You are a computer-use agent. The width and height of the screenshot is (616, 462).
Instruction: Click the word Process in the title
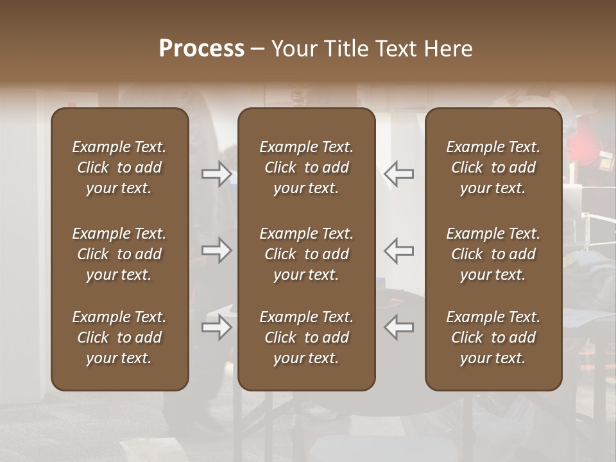[201, 49]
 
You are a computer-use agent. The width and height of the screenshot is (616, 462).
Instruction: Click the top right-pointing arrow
[216, 174]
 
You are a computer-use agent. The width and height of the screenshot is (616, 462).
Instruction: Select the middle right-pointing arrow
[216, 250]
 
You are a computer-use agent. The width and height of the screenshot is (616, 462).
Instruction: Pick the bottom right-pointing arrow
[216, 327]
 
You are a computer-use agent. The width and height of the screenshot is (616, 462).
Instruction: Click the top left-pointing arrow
[398, 174]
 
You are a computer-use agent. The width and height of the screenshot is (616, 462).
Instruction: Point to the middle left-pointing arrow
[398, 250]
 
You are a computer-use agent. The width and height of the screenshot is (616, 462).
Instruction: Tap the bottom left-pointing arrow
[398, 327]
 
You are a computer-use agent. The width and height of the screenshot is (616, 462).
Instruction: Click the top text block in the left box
[119, 167]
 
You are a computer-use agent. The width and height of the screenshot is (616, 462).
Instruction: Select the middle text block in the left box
[119, 254]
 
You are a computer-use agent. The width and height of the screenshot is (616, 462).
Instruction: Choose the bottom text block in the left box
[119, 338]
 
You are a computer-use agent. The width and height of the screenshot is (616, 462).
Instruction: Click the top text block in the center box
[306, 167]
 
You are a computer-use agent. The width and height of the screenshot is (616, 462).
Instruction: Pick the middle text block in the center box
[306, 254]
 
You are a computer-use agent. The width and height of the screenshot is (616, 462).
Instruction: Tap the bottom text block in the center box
[306, 338]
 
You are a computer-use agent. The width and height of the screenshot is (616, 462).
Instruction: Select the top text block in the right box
[493, 167]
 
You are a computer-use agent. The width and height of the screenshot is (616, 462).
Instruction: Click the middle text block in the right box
[493, 254]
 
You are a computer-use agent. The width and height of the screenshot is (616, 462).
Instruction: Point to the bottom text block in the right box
[493, 338]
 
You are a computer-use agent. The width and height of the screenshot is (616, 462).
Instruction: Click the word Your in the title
[295, 49]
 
